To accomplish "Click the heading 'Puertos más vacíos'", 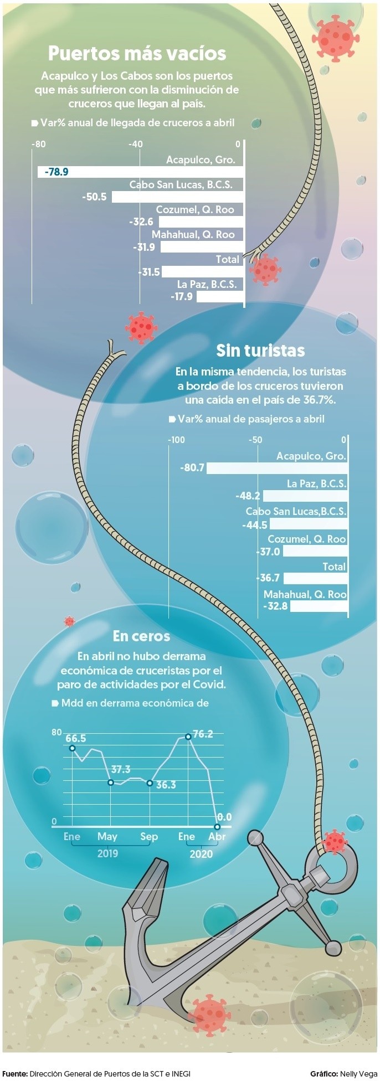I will click(137, 54).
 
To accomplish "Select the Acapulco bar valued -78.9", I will click(141, 172).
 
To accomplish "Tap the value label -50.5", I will click(94, 197).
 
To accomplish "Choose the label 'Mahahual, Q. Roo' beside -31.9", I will click(193, 234).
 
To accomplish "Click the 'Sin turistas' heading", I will click(260, 351).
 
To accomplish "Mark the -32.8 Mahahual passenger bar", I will click(319, 606).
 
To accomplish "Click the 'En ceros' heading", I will click(141, 636).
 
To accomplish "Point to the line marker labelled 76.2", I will click(188, 737).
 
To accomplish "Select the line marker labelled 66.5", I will click(72, 748).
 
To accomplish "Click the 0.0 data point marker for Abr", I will click(217, 827).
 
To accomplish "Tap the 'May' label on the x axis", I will click(107, 837).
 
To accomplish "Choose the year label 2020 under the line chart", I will click(201, 854).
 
